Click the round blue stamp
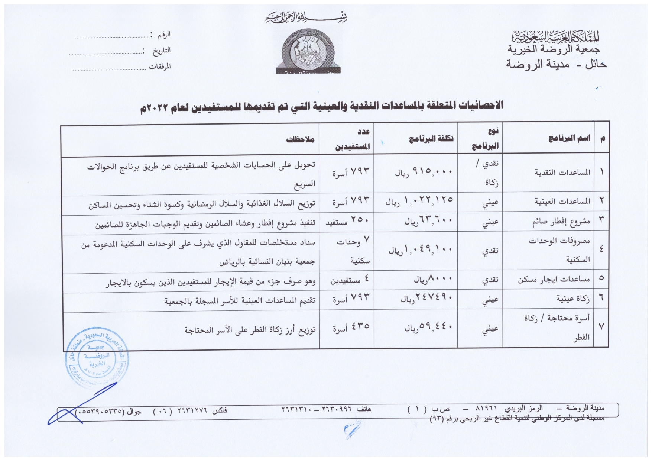97,358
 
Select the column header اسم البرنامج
569,139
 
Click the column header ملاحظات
300,139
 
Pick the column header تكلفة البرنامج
431,139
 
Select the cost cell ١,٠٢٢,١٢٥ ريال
419,201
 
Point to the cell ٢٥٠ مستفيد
347,221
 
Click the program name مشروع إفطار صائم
561,222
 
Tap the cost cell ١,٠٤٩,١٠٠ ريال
421,249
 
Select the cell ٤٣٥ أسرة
351,327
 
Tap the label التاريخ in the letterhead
162,51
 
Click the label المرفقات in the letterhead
160,67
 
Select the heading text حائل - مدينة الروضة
556,64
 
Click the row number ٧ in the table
601,327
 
